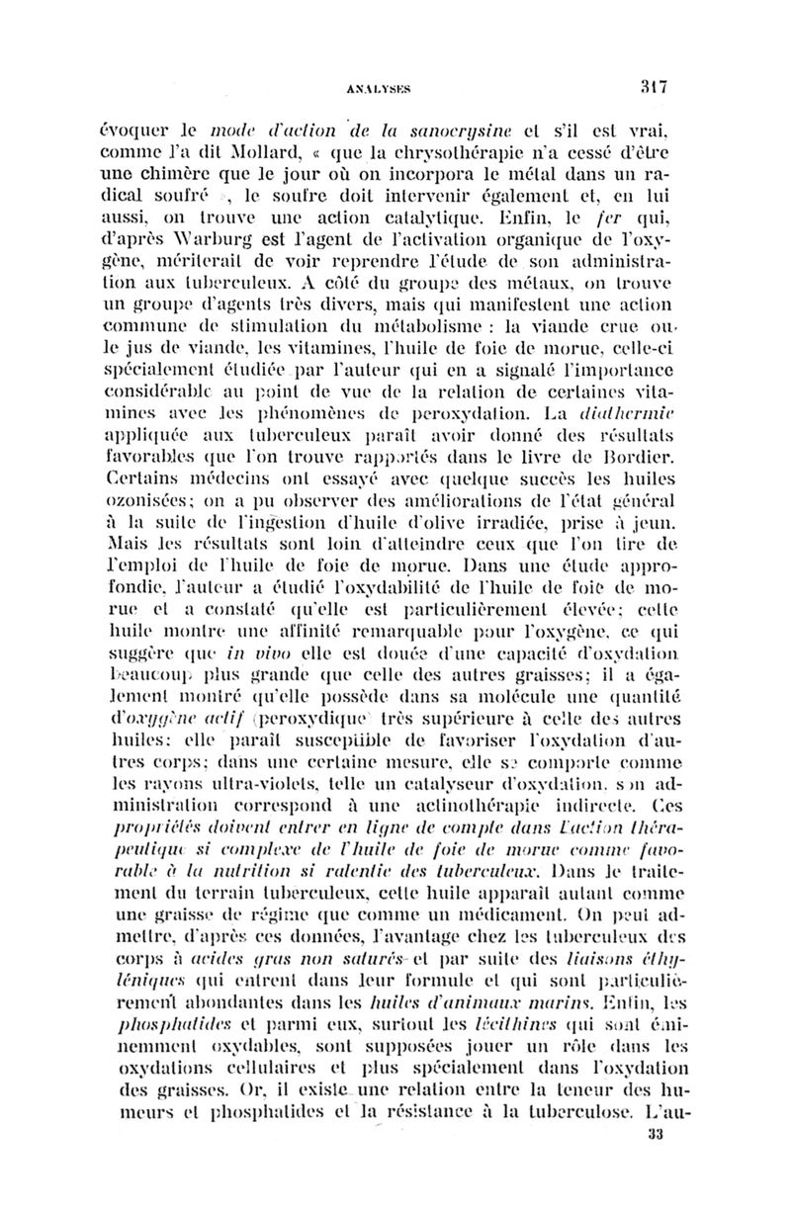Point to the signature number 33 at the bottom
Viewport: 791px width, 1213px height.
click(x=652, y=1164)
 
